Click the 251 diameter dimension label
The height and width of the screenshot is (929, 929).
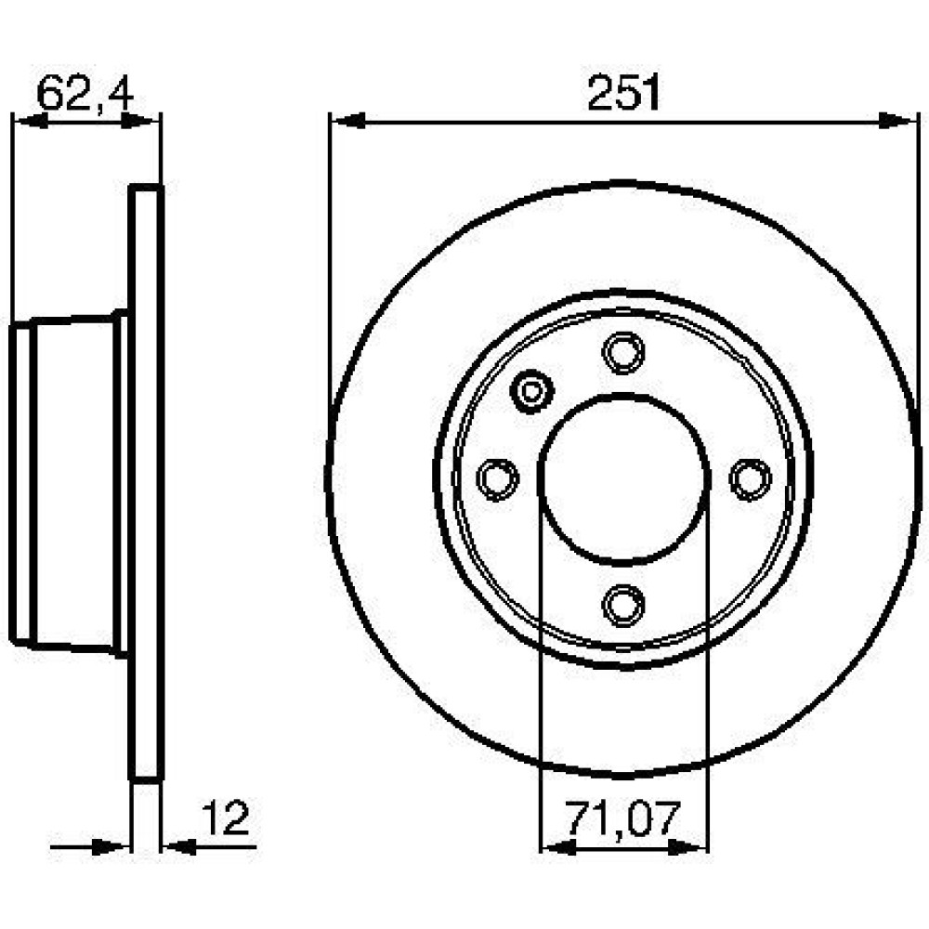point(623,92)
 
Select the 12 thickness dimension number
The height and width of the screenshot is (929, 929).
point(227,818)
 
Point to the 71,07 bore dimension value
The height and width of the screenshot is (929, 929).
point(622,818)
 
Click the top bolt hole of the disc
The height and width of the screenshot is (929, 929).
point(623,353)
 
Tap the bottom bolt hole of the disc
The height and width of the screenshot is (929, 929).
point(623,605)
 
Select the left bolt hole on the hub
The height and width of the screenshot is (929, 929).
point(498,478)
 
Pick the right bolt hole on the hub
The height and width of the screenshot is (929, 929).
point(750,478)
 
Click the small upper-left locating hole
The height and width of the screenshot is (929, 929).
point(531,390)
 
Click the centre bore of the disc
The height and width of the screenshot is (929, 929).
point(624,479)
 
